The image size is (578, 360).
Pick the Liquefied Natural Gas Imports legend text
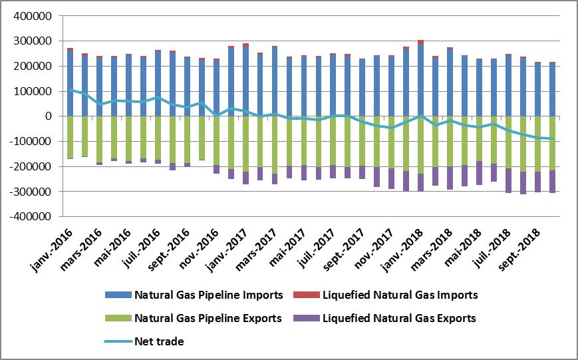[400, 295]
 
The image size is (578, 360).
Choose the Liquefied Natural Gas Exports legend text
[399, 318]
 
